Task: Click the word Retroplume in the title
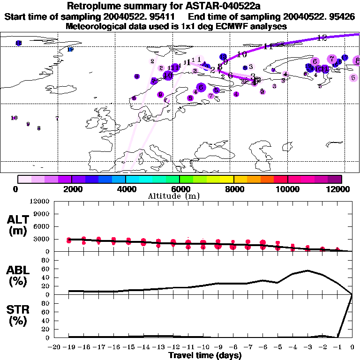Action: (x=92, y=7)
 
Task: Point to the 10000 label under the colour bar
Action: (x=287, y=189)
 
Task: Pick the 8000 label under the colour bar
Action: (x=233, y=189)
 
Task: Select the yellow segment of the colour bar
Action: (x=227, y=179)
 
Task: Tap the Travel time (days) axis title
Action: (x=205, y=355)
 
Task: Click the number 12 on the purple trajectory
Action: (x=322, y=37)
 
